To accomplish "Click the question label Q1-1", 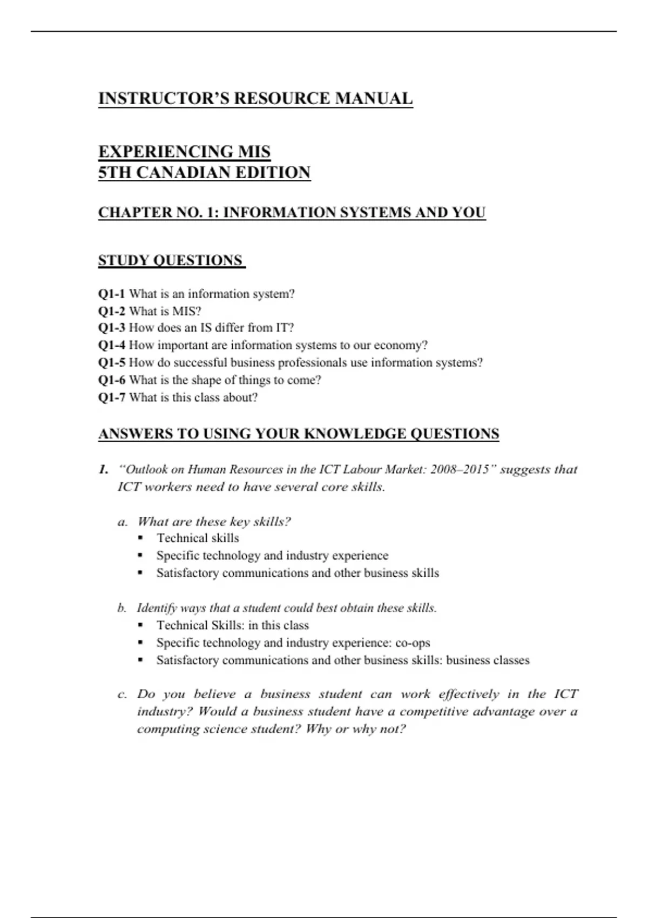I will click(111, 294).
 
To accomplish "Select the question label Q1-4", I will click(111, 345).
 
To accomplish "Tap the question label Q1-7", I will click(111, 397).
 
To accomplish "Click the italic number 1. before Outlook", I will click(104, 469).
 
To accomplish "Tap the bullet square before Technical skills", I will click(140, 538).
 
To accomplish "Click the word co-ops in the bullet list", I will click(413, 643).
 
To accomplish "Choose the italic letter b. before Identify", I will click(122, 608).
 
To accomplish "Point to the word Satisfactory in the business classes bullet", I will click(187, 660).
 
